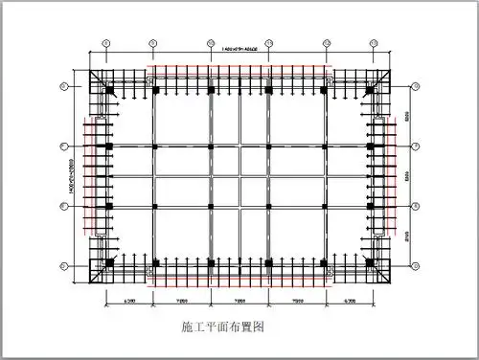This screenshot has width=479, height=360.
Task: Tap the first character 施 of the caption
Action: tap(186, 326)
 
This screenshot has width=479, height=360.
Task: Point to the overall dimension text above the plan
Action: tap(239, 49)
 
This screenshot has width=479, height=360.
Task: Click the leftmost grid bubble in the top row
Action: tap(107, 42)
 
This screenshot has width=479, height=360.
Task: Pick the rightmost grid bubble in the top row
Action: tap(371, 42)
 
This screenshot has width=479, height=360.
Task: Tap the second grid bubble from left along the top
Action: tap(151, 42)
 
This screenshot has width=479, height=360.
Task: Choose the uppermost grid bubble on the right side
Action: tap(414, 87)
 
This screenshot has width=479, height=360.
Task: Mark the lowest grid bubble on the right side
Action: tap(414, 265)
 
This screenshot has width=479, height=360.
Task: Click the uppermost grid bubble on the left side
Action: tap(63, 87)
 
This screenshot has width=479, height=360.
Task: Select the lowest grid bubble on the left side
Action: tap(63, 265)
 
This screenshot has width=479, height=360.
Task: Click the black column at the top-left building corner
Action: tap(108, 90)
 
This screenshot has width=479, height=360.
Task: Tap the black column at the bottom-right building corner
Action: tap(370, 261)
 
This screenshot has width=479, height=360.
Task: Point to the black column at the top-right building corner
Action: tap(370, 90)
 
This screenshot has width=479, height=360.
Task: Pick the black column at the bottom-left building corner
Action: tap(108, 261)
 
